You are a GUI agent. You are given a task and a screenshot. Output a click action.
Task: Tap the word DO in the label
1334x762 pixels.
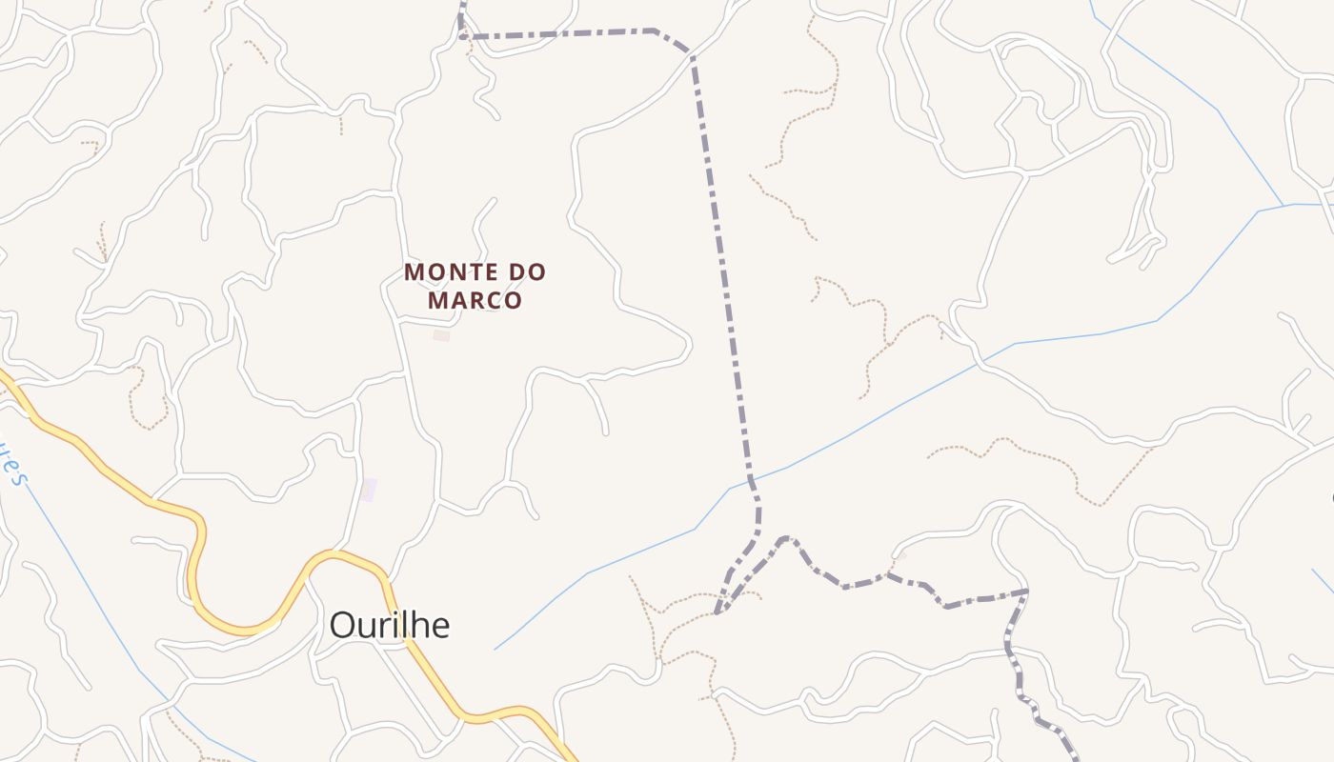[528, 272]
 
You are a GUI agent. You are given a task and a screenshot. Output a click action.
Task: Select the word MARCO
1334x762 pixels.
[475, 301]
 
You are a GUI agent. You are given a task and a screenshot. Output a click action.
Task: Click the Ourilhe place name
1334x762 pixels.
[389, 625]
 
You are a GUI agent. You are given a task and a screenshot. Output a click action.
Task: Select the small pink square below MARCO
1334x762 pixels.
[440, 335]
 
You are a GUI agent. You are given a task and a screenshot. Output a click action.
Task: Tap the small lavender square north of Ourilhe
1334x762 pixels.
[368, 490]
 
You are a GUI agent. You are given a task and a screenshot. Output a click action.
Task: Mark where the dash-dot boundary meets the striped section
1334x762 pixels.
[1026, 592]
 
